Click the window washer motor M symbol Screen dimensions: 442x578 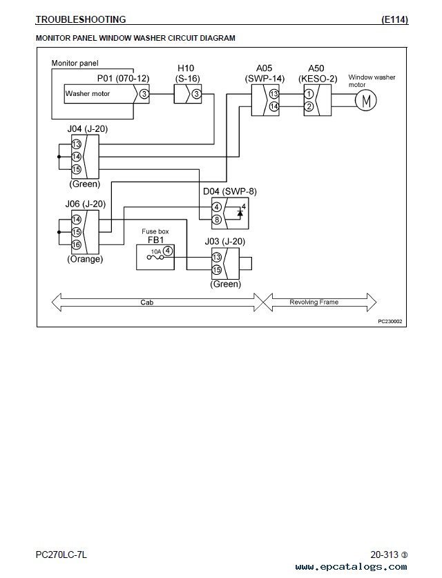(366, 100)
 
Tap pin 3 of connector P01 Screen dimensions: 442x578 (144, 94)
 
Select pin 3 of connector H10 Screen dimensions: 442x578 (197, 94)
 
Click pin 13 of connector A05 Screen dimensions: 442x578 (274, 94)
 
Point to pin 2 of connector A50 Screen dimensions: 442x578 (309, 106)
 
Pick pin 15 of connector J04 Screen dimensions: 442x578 (76, 169)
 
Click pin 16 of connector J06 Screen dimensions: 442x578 (76, 244)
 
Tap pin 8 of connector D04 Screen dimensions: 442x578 (217, 220)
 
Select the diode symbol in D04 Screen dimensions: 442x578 (240, 213)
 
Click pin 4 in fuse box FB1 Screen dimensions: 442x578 (168, 251)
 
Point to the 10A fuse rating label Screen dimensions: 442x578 (156, 251)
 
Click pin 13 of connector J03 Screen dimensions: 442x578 (217, 257)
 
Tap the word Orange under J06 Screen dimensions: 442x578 (85, 259)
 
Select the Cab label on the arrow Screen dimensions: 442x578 (146, 302)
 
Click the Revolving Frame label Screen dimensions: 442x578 (314, 302)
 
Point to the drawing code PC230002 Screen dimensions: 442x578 (390, 321)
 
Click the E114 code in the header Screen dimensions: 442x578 (395, 19)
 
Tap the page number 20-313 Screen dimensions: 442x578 (385, 555)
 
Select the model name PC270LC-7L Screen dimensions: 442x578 (61, 555)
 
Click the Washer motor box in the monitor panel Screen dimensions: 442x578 (99, 94)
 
